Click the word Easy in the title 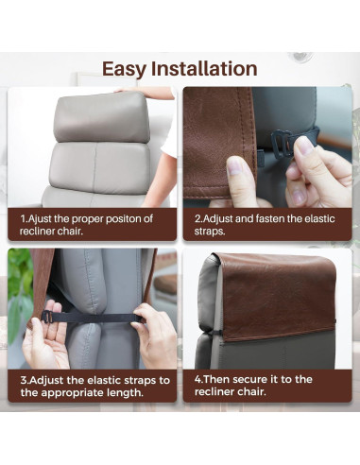pyautogui.click(x=125, y=69)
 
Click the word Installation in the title pyautogui.click(x=204, y=68)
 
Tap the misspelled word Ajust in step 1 pyautogui.click(x=40, y=218)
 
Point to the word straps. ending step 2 pyautogui.click(x=210, y=231)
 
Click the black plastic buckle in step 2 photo pyautogui.click(x=282, y=143)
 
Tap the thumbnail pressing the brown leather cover pyautogui.click(x=233, y=165)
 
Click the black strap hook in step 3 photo pyautogui.click(x=46, y=317)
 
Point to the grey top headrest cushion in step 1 pyautogui.click(x=102, y=117)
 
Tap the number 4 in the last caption pyautogui.click(x=197, y=379)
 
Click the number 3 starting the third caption pyautogui.click(x=24, y=380)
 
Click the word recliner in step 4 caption pyautogui.click(x=214, y=391)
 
